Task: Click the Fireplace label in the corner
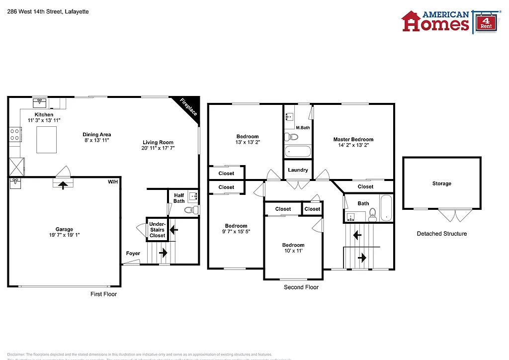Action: point(189,106)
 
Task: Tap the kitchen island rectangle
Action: point(46,140)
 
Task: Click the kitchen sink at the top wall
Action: point(40,103)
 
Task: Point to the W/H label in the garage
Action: point(113,182)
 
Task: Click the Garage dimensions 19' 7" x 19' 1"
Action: point(64,235)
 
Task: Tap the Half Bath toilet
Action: point(189,210)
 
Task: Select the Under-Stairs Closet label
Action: point(158,230)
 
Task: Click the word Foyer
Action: point(133,253)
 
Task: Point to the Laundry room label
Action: point(298,170)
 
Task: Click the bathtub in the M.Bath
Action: point(297,151)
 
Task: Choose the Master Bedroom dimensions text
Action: point(353,145)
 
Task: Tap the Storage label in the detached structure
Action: point(441,183)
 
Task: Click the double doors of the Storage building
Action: point(455,215)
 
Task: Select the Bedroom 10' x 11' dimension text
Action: point(293,251)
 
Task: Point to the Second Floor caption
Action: point(301,287)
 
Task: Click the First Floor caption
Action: point(103,294)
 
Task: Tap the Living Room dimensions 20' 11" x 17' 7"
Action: point(158,148)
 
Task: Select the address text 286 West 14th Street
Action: point(48,11)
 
